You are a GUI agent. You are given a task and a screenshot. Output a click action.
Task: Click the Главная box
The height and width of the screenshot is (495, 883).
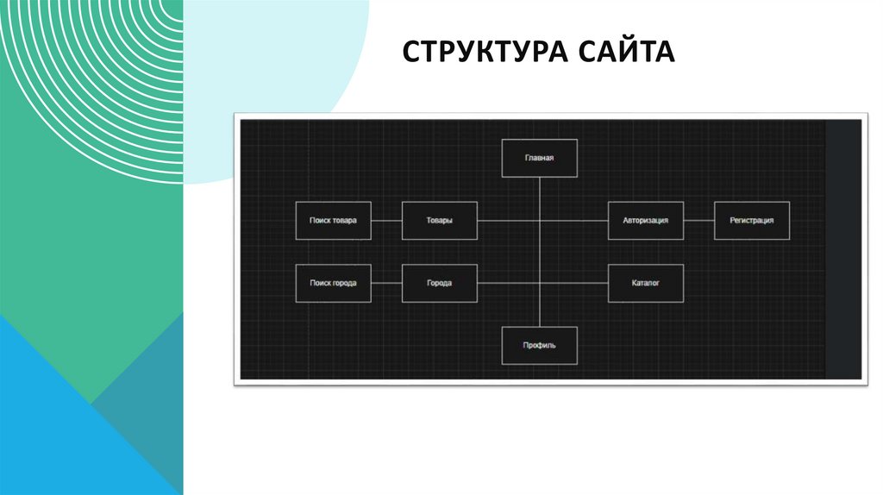pyautogui.click(x=539, y=159)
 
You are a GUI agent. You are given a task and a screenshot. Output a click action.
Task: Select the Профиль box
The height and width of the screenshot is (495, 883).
pyautogui.click(x=539, y=346)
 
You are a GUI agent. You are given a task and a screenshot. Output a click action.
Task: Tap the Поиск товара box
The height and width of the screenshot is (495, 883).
pyautogui.click(x=333, y=221)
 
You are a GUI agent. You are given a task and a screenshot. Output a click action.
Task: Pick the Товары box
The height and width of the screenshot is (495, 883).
pyautogui.click(x=439, y=221)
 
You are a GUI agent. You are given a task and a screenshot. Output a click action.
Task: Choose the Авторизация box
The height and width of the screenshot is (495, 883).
pyautogui.click(x=645, y=221)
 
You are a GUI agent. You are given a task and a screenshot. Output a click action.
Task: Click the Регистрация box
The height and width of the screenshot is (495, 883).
pyautogui.click(x=751, y=221)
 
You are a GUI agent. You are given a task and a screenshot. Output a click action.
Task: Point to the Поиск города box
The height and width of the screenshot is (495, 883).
pyautogui.click(x=333, y=284)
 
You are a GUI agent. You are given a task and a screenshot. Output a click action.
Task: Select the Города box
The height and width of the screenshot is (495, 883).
pyautogui.click(x=439, y=284)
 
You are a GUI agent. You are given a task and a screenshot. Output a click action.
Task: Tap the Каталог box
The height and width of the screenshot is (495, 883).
pyautogui.click(x=645, y=284)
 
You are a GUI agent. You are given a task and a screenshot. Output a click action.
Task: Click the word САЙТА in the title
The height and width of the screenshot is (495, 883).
pyautogui.click(x=627, y=53)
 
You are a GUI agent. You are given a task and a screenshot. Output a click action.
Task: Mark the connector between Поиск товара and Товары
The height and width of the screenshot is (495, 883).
pyautogui.click(x=386, y=221)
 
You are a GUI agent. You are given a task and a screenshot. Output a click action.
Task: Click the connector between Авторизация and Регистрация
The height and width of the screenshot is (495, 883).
pyautogui.click(x=698, y=221)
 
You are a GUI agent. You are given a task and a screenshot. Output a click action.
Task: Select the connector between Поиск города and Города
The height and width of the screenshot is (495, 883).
pyautogui.click(x=386, y=284)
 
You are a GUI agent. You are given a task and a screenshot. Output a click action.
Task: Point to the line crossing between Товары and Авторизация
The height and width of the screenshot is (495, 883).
pyautogui.click(x=540, y=221)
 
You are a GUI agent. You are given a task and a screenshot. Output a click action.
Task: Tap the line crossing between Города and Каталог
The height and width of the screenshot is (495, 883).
pyautogui.click(x=540, y=284)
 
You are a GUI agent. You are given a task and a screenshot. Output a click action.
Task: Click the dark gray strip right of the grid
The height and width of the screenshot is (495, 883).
pyautogui.click(x=843, y=250)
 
